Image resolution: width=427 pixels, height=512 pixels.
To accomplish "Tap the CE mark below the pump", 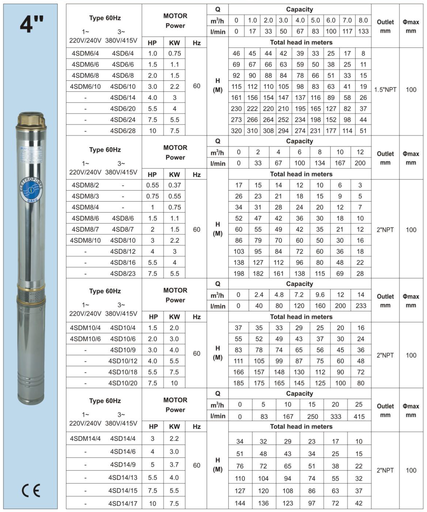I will [x=31, y=490].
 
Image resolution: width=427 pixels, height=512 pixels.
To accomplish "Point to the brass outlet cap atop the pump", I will [x=31, y=119].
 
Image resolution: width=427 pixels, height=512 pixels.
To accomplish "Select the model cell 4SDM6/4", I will [x=85, y=53].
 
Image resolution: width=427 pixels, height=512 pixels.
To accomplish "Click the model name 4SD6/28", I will [x=123, y=131].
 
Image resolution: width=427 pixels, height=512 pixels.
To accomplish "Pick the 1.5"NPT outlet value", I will [x=385, y=90].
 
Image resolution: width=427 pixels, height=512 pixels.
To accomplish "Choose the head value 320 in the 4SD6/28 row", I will [x=236, y=131].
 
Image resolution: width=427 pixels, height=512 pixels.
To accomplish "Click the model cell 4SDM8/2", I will [x=85, y=185].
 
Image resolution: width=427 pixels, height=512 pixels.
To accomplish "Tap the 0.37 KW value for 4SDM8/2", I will [x=174, y=185].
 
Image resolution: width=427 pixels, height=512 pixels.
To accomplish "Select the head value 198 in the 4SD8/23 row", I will [x=239, y=273].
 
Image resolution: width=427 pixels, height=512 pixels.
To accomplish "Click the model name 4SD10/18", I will [x=123, y=372].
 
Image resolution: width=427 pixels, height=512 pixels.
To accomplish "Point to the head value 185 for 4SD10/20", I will [x=238, y=383].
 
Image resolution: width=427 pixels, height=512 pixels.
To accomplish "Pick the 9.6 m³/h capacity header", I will [x=320, y=295].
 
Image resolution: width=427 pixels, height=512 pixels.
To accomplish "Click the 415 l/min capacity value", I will [x=359, y=416].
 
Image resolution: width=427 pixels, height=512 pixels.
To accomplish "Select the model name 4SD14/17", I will [x=123, y=503].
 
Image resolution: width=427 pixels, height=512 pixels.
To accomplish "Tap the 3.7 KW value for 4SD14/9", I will [x=174, y=465].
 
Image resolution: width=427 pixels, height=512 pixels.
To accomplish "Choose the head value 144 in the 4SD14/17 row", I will [x=240, y=503].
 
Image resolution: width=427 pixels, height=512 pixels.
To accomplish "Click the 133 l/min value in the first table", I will [x=363, y=31].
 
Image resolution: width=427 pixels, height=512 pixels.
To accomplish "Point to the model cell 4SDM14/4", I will [x=85, y=438].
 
